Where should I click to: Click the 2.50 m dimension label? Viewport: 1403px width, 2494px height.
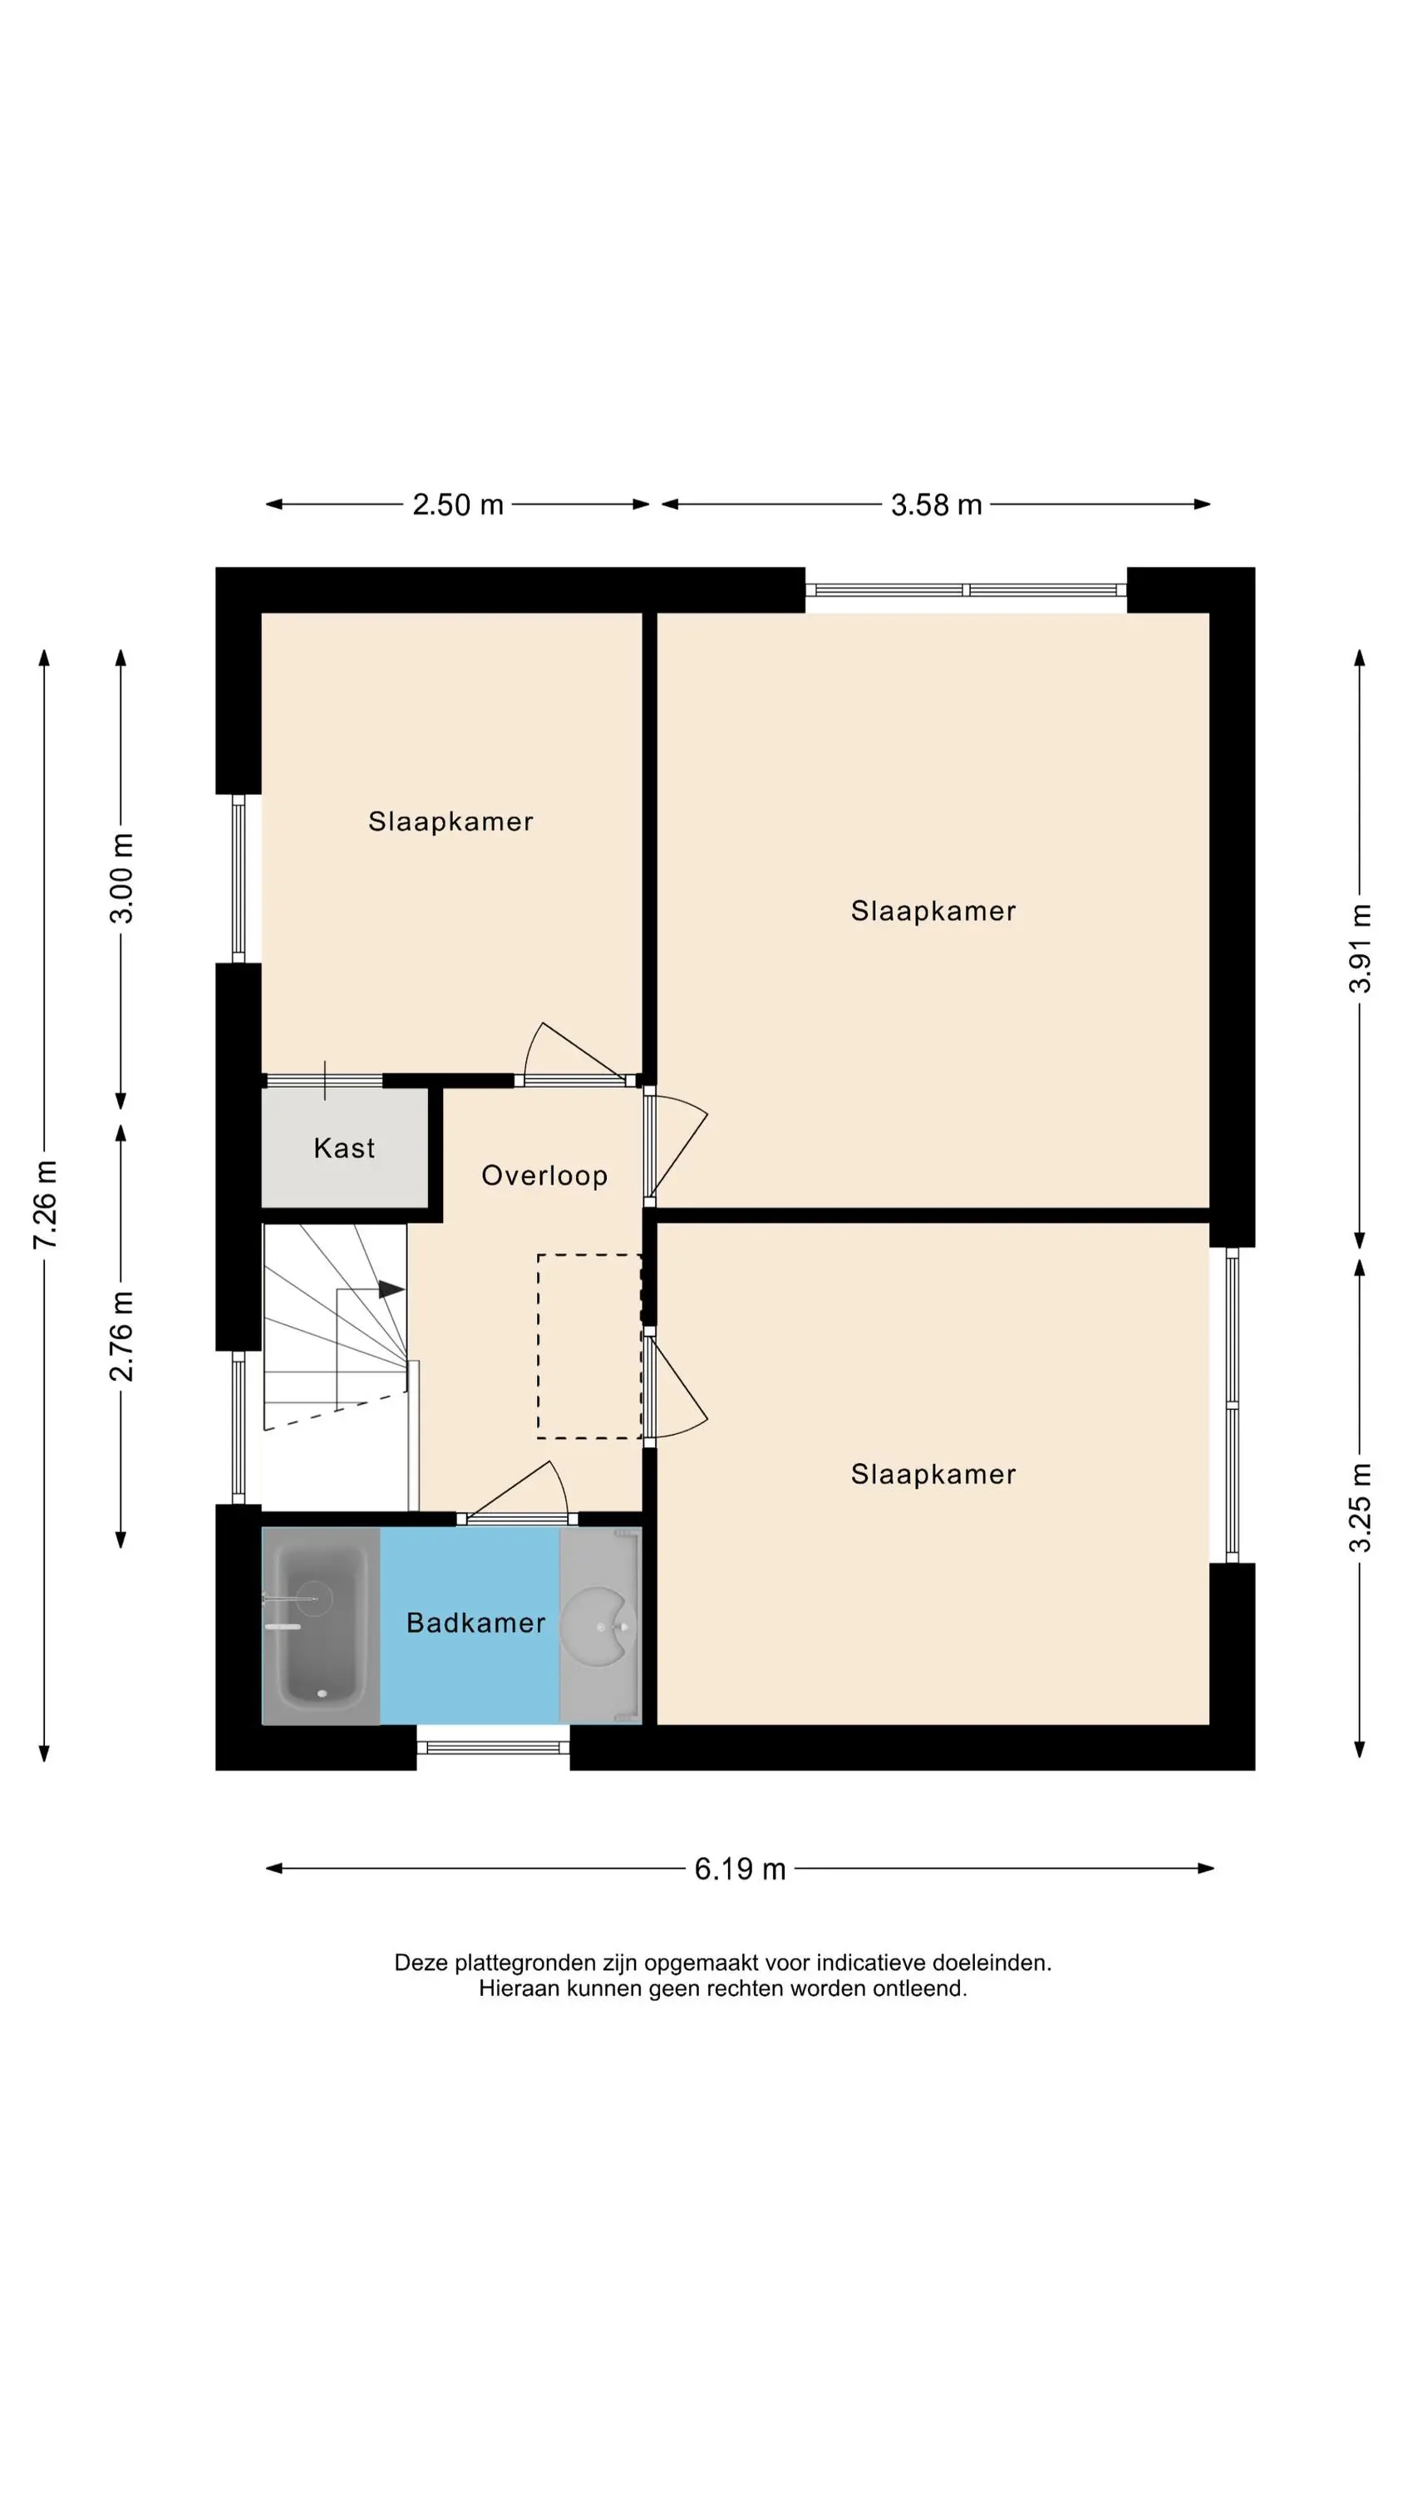click(x=458, y=505)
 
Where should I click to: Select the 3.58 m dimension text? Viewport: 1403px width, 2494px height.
click(x=936, y=505)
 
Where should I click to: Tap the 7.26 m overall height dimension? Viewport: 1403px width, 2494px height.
click(x=46, y=1205)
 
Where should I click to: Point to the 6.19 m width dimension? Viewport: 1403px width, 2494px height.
click(x=740, y=1869)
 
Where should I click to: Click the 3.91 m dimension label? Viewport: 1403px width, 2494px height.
click(x=1361, y=948)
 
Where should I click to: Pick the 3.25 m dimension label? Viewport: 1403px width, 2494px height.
click(x=1361, y=1507)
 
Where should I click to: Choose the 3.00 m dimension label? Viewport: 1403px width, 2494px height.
click(x=122, y=878)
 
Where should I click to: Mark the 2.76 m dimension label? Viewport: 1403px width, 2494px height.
click(x=122, y=1336)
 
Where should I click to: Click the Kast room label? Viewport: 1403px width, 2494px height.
click(x=344, y=1148)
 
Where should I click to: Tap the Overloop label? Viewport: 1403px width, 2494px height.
click(x=544, y=1176)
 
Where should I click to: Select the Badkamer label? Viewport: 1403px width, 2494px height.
click(x=475, y=1623)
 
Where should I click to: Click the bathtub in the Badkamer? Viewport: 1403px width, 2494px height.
click(x=322, y=1625)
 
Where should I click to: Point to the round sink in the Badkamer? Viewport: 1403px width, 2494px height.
click(x=599, y=1629)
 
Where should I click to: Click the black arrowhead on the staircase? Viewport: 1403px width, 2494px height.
click(x=391, y=1289)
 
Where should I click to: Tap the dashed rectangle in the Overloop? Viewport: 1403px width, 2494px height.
click(x=589, y=1346)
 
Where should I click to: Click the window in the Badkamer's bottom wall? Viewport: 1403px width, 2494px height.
click(x=494, y=1747)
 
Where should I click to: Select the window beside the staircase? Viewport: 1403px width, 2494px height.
click(x=239, y=1427)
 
